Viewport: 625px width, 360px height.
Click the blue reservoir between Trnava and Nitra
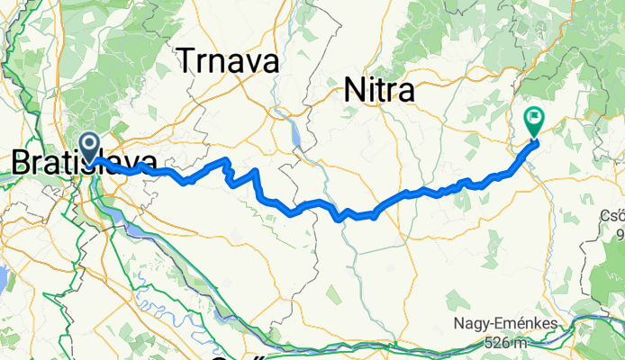tap(294, 133)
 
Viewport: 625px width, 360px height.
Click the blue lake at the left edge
tap(2, 279)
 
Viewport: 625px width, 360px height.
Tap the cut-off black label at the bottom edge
tap(239, 356)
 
